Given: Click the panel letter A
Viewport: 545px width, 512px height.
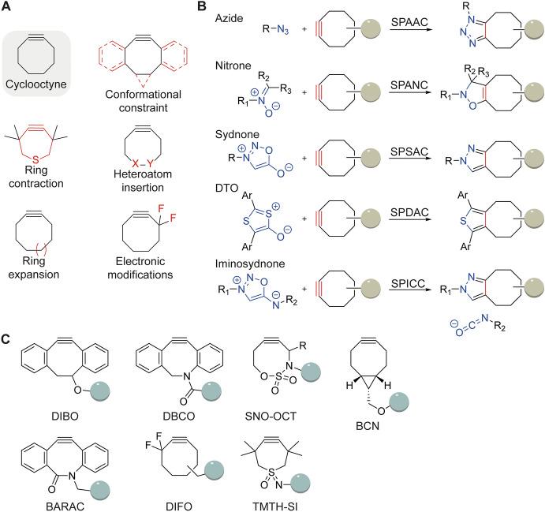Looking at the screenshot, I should (6, 6).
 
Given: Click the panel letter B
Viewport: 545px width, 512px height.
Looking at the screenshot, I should (201, 6).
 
